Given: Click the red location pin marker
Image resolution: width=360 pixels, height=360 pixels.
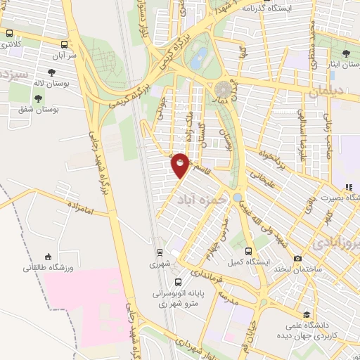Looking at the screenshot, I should tap(180, 165).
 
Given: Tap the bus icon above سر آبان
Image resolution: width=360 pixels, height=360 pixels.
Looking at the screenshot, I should tap(65, 43).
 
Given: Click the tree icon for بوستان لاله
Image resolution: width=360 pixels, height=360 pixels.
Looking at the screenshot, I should tap(51, 72).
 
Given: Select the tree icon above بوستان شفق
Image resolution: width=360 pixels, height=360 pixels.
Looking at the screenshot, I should tap(49, 98).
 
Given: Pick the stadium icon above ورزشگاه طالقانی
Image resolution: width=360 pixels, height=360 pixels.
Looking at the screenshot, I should tap(48, 257).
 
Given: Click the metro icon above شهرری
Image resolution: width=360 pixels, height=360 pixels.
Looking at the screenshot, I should tap(160, 252).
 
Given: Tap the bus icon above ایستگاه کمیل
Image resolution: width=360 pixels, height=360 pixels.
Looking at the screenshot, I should tap(248, 251).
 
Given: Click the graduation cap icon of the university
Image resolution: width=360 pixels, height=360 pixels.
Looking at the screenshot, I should tap(306, 315).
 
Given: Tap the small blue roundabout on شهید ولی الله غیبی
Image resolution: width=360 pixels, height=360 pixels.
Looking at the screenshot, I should tap(238, 197).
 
